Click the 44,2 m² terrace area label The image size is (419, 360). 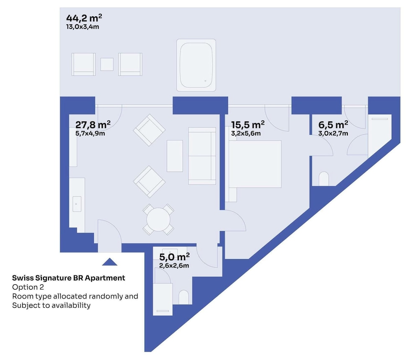click(x=84, y=18)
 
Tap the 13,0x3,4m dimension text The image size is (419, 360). click(x=83, y=27)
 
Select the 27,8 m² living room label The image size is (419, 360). click(x=93, y=124)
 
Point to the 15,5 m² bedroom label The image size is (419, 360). click(x=248, y=124)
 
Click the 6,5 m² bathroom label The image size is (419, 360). click(x=333, y=124)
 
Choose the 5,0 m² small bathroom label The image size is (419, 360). click(x=174, y=257)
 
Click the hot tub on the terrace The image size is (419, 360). click(x=196, y=65)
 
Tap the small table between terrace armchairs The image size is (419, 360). click(x=107, y=64)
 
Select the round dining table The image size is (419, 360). click(x=158, y=219)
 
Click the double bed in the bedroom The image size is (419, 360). click(x=255, y=164)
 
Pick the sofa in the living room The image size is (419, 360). click(x=202, y=156)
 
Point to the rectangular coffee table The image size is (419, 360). click(x=175, y=156)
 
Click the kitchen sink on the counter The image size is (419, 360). click(x=77, y=204)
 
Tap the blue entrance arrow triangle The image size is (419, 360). click(x=109, y=262)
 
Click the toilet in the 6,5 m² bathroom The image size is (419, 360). click(x=324, y=179)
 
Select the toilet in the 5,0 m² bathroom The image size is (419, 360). click(x=184, y=297)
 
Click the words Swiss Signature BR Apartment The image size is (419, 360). click(x=68, y=278)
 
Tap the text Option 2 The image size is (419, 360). click(x=28, y=287)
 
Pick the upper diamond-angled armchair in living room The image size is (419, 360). click(x=149, y=130)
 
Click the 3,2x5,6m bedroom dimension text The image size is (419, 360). click(x=246, y=133)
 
